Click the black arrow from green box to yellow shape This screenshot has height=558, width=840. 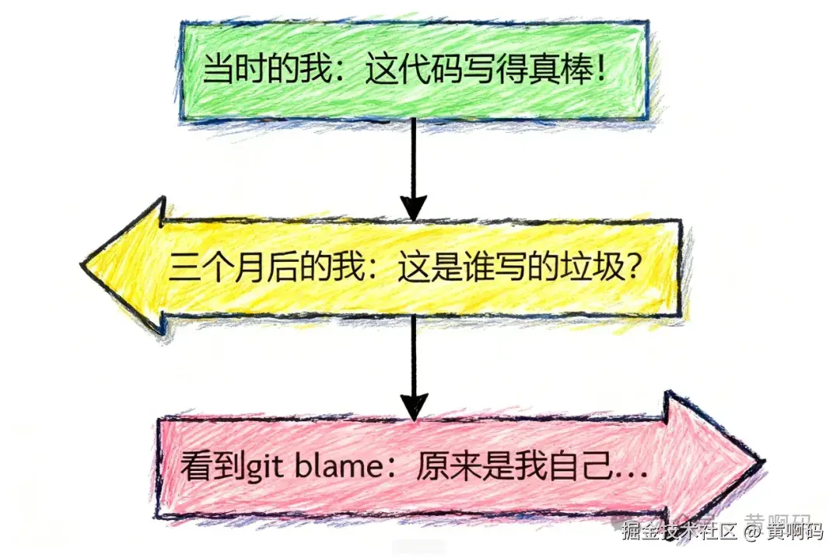click(414, 167)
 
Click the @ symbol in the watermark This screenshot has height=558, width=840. click(751, 532)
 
